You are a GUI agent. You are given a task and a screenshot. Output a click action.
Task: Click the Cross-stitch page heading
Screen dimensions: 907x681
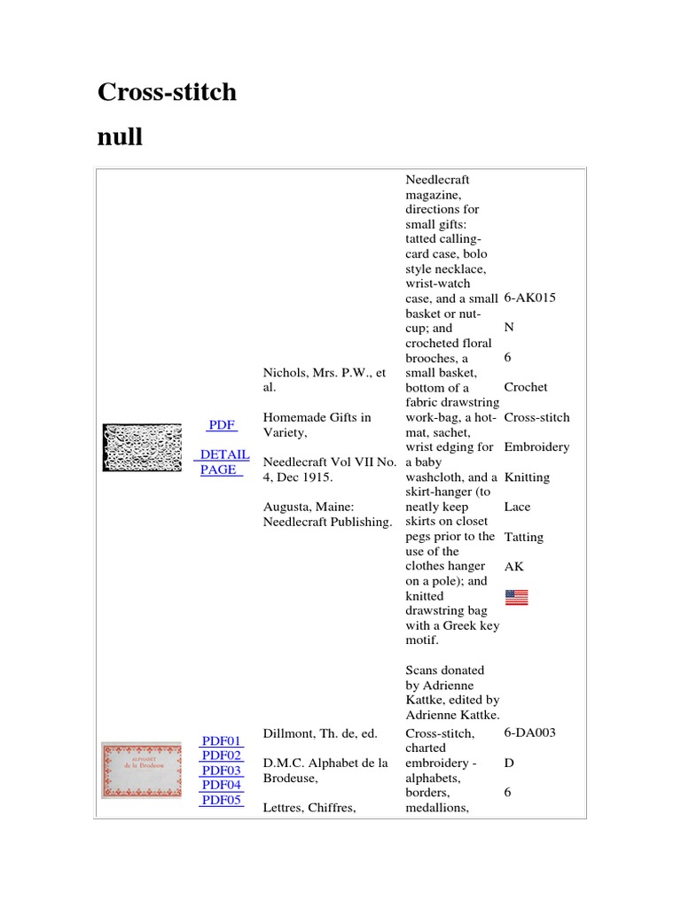click(x=167, y=91)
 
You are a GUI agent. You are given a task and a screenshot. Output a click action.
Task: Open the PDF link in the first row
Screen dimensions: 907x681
click(x=221, y=425)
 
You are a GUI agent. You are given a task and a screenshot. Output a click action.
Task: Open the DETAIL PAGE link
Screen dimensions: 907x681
click(x=224, y=461)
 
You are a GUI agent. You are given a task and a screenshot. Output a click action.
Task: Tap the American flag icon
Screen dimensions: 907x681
click(x=516, y=597)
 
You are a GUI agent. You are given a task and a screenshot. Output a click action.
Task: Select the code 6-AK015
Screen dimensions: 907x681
click(x=529, y=298)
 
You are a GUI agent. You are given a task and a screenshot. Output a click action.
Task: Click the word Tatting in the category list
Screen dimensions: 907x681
click(x=523, y=537)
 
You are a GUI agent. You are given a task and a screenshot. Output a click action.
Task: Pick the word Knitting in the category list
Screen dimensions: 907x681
click(x=527, y=477)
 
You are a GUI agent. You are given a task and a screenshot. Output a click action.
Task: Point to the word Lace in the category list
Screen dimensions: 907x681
click(x=517, y=507)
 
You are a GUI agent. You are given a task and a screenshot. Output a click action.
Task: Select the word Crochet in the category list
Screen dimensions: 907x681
click(x=526, y=387)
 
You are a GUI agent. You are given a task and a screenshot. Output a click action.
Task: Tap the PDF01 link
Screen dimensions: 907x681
click(x=222, y=740)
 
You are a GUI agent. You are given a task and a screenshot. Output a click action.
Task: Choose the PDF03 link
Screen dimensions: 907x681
click(x=222, y=771)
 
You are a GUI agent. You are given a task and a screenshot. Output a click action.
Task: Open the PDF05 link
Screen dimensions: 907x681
click(x=222, y=800)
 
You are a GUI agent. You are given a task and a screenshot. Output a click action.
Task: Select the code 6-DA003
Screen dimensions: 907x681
click(x=529, y=733)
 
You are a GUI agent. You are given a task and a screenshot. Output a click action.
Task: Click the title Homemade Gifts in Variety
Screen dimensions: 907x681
click(x=317, y=424)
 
